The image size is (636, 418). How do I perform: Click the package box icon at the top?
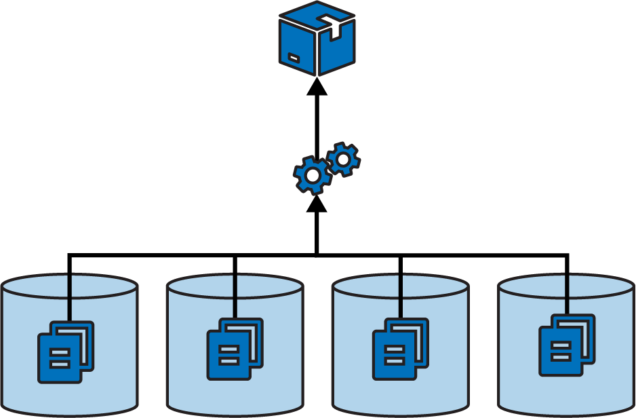[x=317, y=39]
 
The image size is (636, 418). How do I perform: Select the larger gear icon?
[x=313, y=176]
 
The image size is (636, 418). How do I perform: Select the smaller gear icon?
[x=343, y=159]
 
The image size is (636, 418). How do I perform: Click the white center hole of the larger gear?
[x=313, y=176]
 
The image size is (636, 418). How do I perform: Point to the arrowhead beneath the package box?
[x=317, y=87]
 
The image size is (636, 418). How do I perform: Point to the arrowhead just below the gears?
[x=317, y=203]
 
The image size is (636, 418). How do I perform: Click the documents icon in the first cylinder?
[x=66, y=352]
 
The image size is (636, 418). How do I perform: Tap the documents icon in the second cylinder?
[x=235, y=349]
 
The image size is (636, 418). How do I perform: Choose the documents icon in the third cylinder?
[x=401, y=349]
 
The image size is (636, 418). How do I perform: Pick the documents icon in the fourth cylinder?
[x=567, y=345]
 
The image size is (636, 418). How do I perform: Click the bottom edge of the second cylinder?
[x=235, y=410]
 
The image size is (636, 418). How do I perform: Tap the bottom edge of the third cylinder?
[x=401, y=410]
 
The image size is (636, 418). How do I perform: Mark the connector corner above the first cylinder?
[x=69, y=255]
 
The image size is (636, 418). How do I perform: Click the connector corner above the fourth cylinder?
[x=567, y=255]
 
